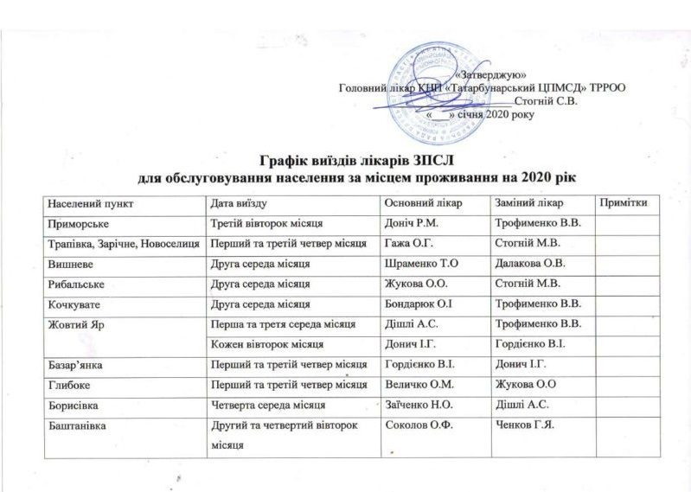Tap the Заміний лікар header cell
click(x=528, y=202)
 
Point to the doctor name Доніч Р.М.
click(x=411, y=222)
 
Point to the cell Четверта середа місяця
click(x=263, y=405)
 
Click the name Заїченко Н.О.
click(x=419, y=405)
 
